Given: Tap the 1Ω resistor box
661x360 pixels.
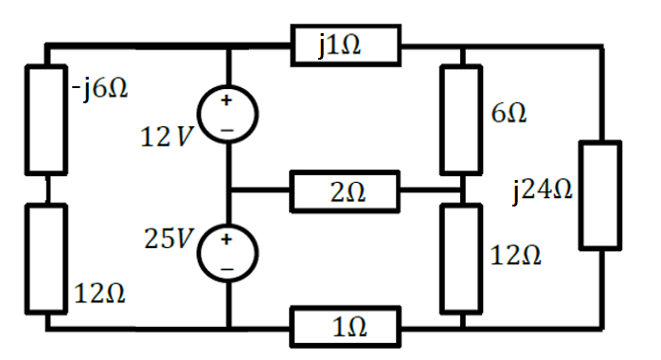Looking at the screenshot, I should click(x=347, y=328).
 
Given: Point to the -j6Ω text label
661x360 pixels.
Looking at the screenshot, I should click(x=99, y=91).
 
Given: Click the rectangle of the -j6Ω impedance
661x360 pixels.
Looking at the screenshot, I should click(x=46, y=119).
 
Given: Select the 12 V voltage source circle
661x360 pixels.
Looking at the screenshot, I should click(x=228, y=116).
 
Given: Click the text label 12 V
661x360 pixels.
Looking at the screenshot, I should click(x=167, y=137).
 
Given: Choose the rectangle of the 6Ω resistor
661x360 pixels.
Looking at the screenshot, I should click(x=463, y=119).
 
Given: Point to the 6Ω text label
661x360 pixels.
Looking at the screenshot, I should click(x=509, y=114).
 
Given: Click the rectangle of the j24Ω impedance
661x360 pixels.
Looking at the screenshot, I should click(x=599, y=195).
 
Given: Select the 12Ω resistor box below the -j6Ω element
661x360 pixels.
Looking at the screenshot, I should click(x=46, y=258).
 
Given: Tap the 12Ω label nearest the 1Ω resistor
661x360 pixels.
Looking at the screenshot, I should click(x=515, y=255).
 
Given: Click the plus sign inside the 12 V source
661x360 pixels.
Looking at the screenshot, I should click(x=228, y=100).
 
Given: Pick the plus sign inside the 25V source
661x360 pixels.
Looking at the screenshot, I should click(x=228, y=240).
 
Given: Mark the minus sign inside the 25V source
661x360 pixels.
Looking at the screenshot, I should click(x=228, y=269).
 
